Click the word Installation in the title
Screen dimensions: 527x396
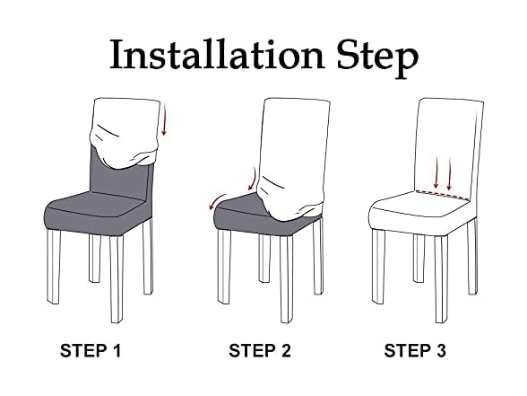click(217, 54)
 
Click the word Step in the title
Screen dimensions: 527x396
click(378, 57)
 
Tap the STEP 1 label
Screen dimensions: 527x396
click(90, 351)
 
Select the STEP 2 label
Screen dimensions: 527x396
click(260, 351)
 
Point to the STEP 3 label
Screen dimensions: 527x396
click(415, 351)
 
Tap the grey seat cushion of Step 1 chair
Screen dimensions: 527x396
click(98, 210)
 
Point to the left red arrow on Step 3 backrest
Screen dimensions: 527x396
click(436, 172)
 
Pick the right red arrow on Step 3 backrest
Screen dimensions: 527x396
click(449, 173)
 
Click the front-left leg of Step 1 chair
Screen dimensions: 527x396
click(54, 267)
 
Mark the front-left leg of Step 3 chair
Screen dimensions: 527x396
click(378, 266)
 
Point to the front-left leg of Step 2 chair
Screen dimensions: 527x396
click(223, 267)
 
